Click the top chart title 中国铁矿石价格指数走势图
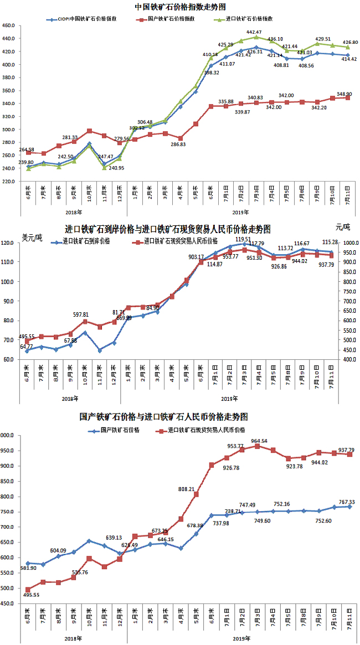click(180, 7)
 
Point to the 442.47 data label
click(254, 32)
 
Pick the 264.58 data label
click(27, 149)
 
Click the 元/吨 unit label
click(343, 227)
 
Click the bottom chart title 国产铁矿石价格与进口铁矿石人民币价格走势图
click(163, 416)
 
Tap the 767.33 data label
click(345, 502)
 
